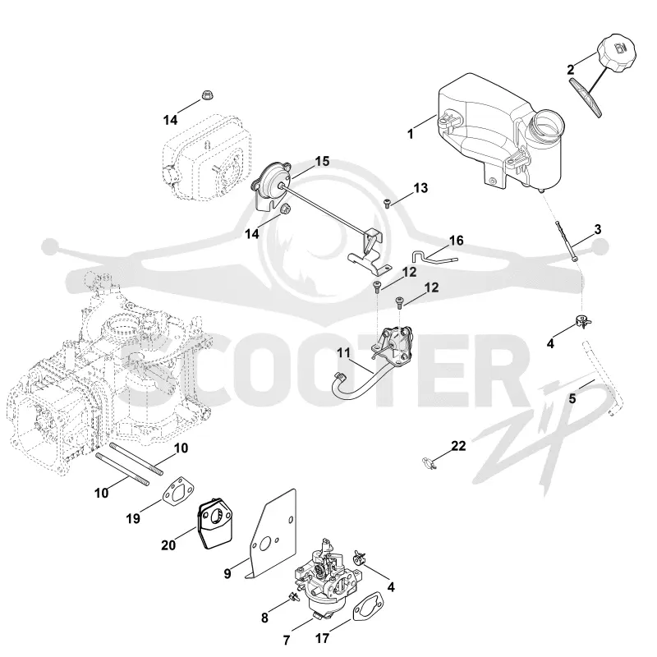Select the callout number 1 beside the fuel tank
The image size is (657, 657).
click(411, 134)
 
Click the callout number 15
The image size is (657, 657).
click(322, 161)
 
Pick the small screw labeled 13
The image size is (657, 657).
click(387, 204)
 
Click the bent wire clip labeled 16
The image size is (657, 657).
click(434, 256)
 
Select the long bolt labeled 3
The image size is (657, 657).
click(567, 241)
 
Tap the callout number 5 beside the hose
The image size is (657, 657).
click(572, 398)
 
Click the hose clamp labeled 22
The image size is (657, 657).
click(430, 463)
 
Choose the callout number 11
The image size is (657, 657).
click(343, 353)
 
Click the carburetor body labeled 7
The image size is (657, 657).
click(328, 577)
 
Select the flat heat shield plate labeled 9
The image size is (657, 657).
click(272, 535)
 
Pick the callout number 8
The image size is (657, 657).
click(264, 618)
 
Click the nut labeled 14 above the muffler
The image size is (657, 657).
click(207, 94)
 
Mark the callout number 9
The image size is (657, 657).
click(227, 573)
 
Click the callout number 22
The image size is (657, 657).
click(459, 445)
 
